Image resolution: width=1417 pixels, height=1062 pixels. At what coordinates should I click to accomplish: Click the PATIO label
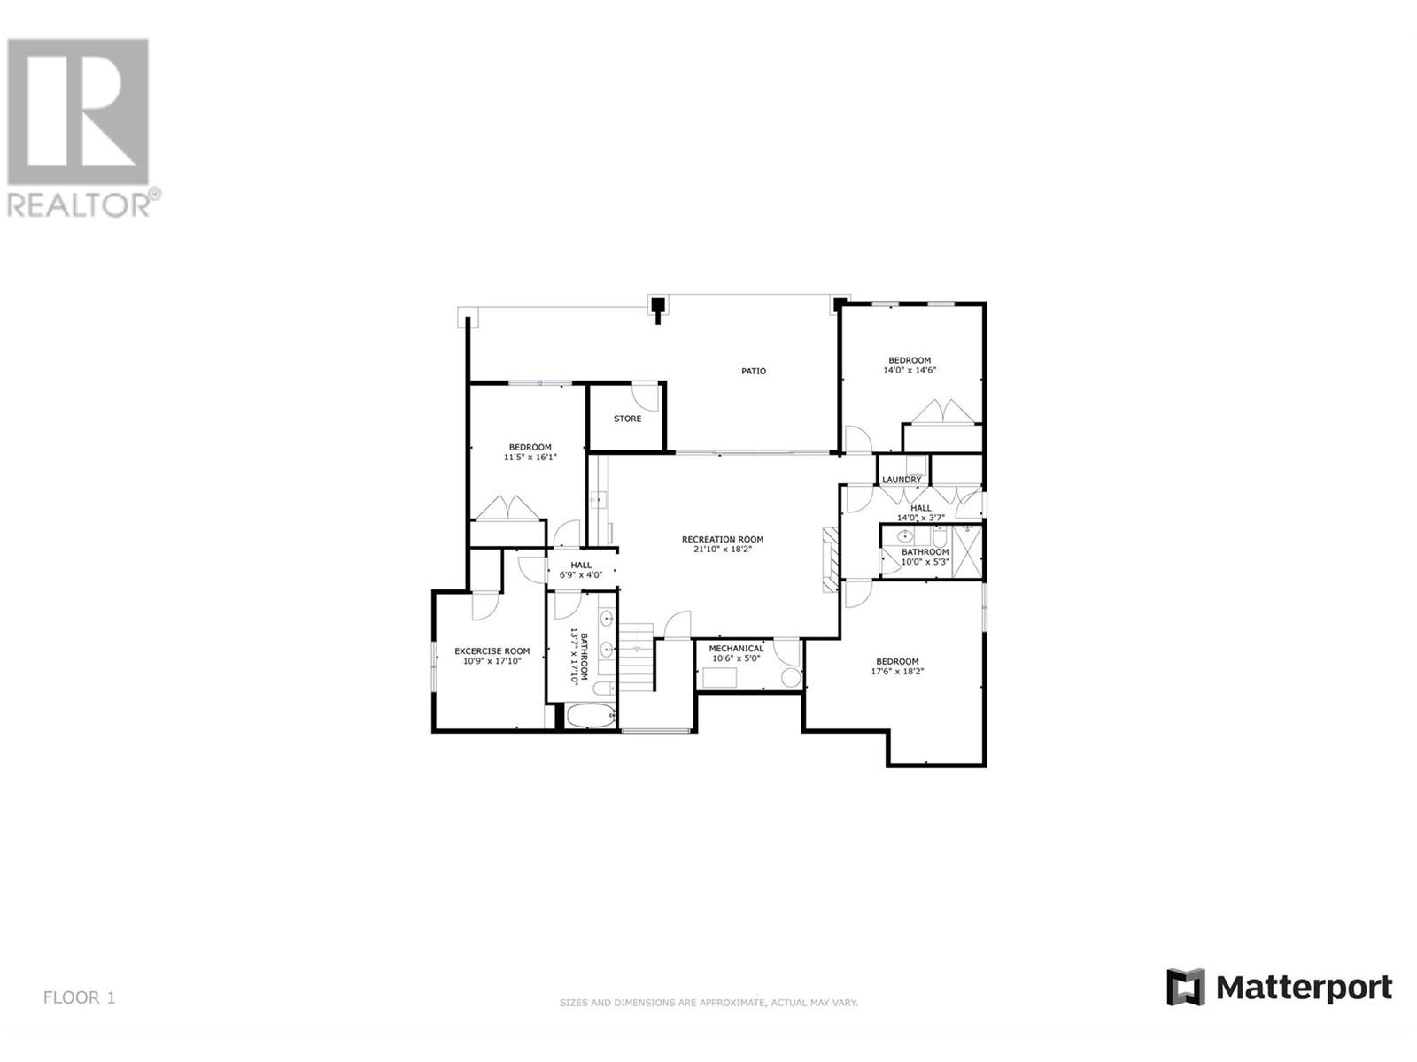point(753,371)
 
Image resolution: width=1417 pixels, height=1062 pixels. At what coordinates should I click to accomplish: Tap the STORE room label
point(627,419)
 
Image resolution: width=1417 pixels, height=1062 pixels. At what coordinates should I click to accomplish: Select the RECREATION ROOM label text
point(723,539)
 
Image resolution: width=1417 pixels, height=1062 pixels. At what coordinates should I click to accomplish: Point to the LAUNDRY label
point(902,480)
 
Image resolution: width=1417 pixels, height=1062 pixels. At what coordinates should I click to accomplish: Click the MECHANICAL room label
point(736,649)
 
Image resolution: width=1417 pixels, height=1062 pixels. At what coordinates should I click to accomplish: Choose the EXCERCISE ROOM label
point(492,651)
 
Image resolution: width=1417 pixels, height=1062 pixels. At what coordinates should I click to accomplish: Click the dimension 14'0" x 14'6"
point(909,371)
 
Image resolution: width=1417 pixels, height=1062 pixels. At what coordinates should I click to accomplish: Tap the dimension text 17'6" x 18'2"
point(896,671)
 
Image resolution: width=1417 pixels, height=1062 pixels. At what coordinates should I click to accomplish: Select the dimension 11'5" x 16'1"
point(530,458)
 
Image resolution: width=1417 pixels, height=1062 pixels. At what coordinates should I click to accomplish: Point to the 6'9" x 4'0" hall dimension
point(580,575)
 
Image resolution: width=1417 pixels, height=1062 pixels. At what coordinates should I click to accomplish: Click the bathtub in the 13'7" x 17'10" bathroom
point(591,716)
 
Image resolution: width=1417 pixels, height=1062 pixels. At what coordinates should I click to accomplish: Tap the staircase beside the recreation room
point(637,657)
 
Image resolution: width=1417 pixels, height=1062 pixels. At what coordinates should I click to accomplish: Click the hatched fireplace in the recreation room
point(830,559)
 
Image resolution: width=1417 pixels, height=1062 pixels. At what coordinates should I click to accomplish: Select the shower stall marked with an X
point(966,551)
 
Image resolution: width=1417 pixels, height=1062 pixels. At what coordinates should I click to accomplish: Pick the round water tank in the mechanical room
point(789,677)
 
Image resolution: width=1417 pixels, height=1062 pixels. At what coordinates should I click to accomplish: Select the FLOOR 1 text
point(80,997)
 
